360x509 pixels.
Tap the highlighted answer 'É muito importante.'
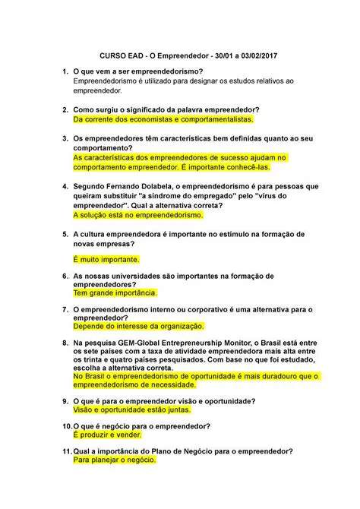(x=106, y=259)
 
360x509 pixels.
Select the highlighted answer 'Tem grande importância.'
(x=115, y=292)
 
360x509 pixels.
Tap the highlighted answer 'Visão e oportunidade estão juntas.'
(x=134, y=410)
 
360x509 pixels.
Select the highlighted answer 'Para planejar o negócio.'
(x=114, y=460)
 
